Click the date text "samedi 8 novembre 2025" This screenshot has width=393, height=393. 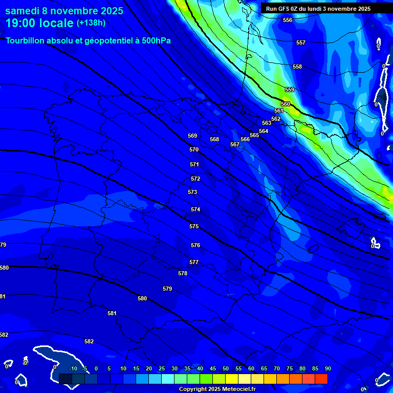click(64, 10)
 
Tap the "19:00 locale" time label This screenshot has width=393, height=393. click(39, 23)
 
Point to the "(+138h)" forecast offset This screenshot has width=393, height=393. click(91, 23)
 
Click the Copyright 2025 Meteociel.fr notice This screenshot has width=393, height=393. click(217, 389)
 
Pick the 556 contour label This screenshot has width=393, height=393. click(288, 20)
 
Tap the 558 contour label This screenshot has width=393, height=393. click(297, 67)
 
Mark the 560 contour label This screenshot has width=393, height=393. click(286, 104)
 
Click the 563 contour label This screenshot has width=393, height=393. click(267, 123)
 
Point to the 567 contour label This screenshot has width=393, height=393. click(235, 144)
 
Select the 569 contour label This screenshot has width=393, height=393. click(192, 136)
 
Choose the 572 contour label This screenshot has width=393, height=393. click(195, 179)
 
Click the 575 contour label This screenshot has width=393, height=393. click(194, 226)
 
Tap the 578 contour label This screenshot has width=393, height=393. click(183, 273)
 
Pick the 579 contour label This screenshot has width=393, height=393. click(167, 289)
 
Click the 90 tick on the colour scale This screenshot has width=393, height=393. click(327, 368)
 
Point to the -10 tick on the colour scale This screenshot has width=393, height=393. click(73, 368)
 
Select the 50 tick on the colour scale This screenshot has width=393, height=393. click(226, 368)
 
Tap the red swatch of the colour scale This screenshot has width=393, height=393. click(321, 379)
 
